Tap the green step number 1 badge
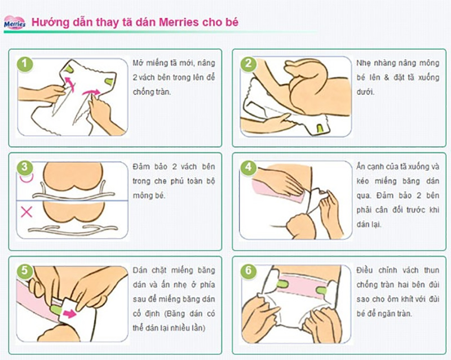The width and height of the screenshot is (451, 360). pyautogui.click(x=23, y=63)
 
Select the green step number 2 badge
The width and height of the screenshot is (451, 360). pyautogui.click(x=247, y=63)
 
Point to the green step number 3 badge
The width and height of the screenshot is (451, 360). pyautogui.click(x=23, y=167)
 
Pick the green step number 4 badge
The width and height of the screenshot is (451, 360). pyautogui.click(x=247, y=167)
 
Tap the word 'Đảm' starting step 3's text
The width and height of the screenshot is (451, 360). pyautogui.click(x=142, y=167)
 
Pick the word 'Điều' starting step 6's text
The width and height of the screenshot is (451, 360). pyautogui.click(x=366, y=271)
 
